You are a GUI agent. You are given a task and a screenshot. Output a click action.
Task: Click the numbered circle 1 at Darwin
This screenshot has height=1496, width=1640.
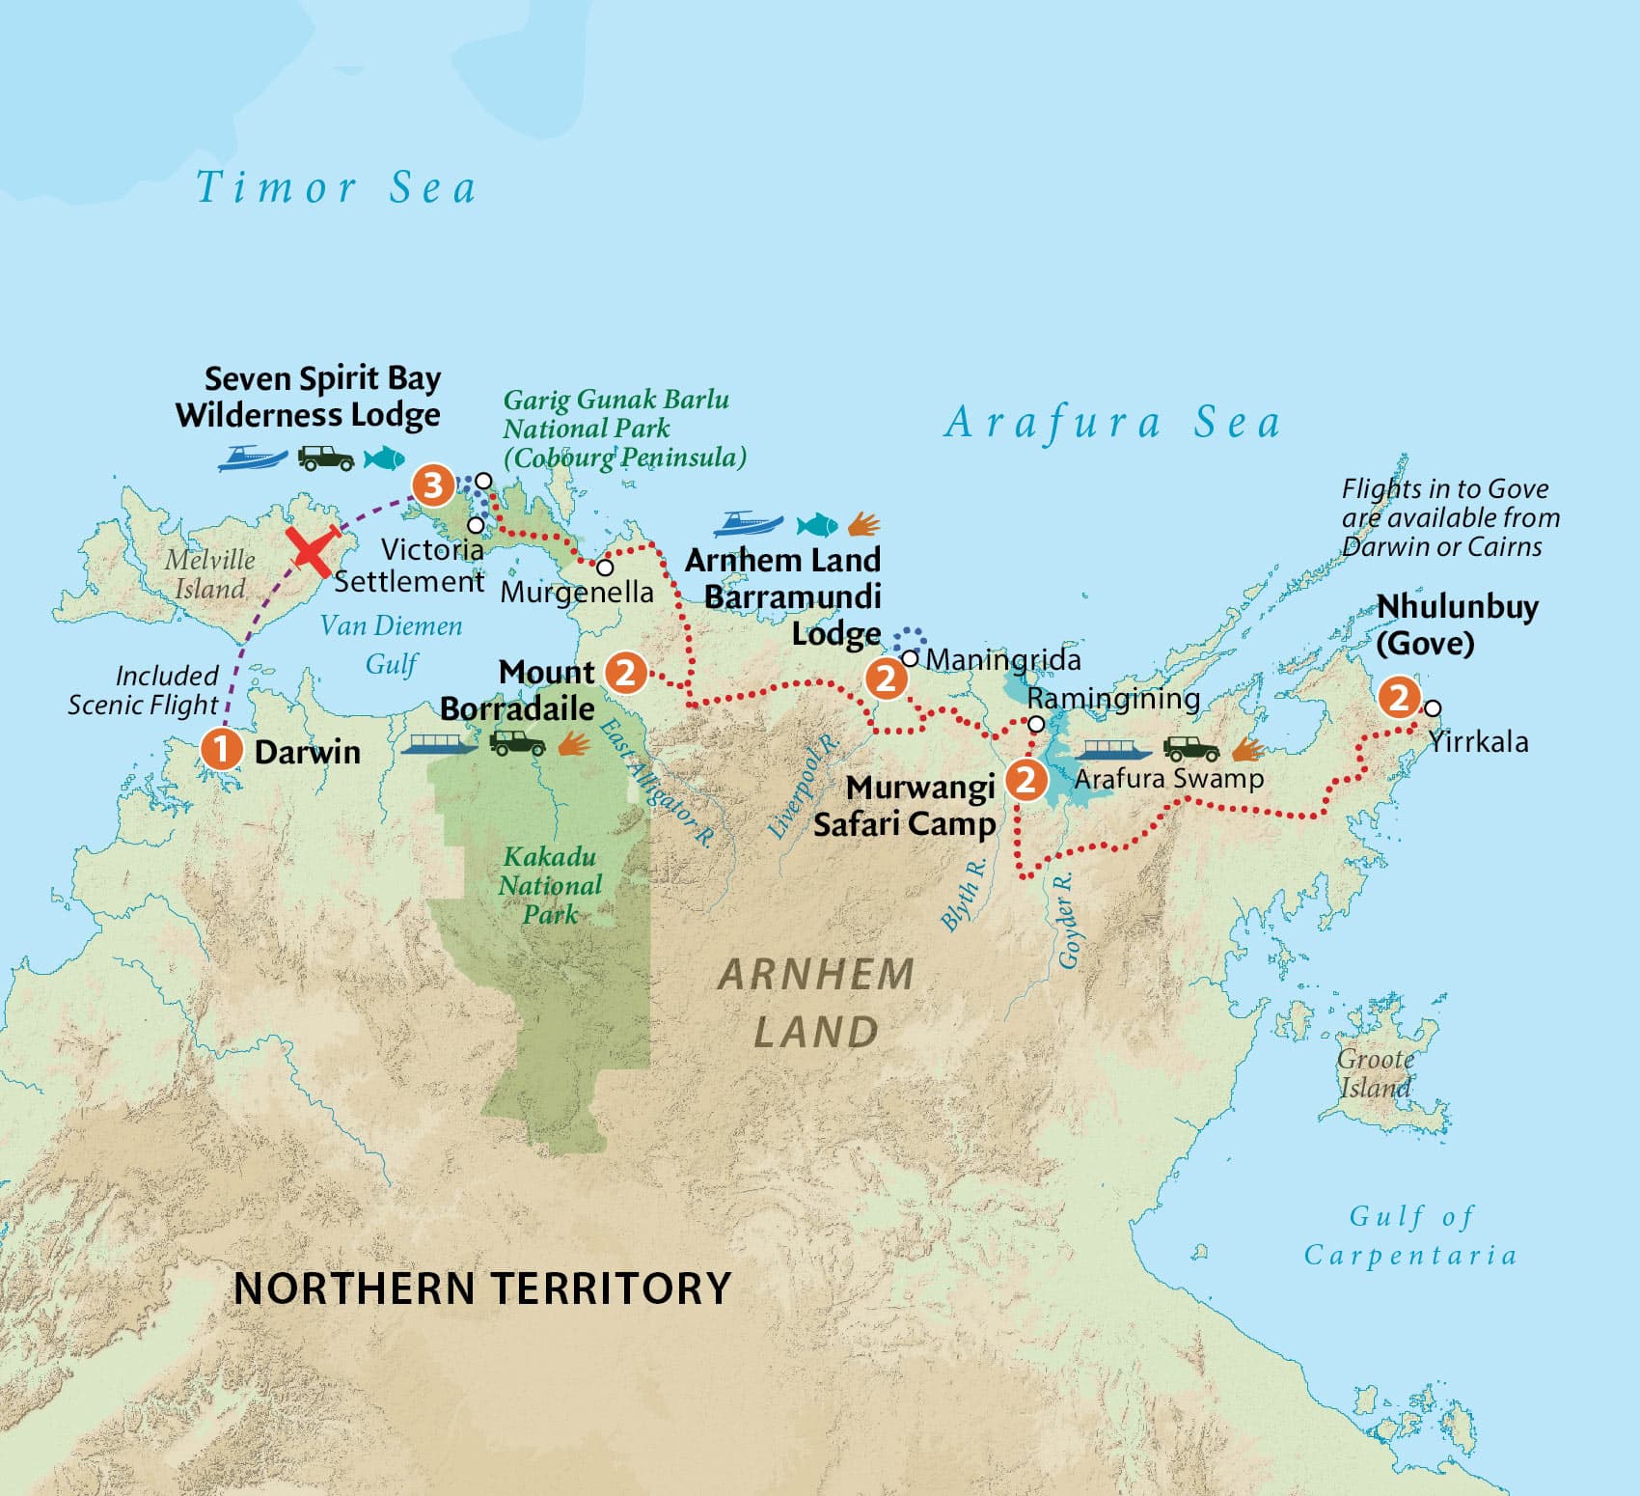click(x=220, y=749)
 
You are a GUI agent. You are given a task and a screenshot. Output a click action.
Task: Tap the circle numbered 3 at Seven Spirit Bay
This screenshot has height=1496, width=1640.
click(x=433, y=485)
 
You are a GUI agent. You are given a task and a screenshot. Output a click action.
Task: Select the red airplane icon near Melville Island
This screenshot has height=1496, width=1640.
click(x=314, y=550)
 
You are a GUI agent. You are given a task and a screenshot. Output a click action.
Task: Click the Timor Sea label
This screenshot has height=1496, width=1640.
click(x=336, y=187)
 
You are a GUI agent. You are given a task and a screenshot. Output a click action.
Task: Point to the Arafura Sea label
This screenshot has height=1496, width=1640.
click(x=1112, y=423)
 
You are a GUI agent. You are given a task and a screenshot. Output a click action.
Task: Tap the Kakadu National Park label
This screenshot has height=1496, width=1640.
click(x=550, y=885)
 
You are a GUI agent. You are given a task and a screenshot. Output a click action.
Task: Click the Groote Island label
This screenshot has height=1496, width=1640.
click(x=1376, y=1073)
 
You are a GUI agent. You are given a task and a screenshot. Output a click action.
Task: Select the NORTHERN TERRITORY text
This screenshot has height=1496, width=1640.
click(x=482, y=1288)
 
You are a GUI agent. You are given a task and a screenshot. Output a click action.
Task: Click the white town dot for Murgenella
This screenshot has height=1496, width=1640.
click(x=605, y=568)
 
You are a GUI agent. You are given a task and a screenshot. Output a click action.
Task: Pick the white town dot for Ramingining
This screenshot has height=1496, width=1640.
click(x=1036, y=724)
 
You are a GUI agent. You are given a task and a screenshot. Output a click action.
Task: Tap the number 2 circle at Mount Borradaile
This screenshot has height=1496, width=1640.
click(x=625, y=672)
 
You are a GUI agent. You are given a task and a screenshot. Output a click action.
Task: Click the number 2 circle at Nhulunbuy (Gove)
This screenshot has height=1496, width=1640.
click(x=1398, y=697)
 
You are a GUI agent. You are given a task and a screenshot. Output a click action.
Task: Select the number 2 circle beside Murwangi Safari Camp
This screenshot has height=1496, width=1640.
click(x=1025, y=779)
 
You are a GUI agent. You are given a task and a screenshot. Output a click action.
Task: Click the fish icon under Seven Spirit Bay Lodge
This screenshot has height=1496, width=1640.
click(x=384, y=457)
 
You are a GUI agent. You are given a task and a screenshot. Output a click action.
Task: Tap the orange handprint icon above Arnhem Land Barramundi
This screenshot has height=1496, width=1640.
click(x=864, y=525)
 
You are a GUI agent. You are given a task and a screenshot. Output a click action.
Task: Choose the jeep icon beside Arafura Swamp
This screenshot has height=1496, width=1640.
click(x=1191, y=749)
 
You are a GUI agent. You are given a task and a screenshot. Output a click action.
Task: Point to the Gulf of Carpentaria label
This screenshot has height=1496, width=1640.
click(x=1410, y=1235)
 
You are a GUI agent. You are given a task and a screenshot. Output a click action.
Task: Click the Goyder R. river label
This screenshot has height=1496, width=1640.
click(x=1067, y=920)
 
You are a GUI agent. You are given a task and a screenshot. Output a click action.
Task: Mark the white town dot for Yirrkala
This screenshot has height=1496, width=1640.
click(x=1433, y=708)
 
